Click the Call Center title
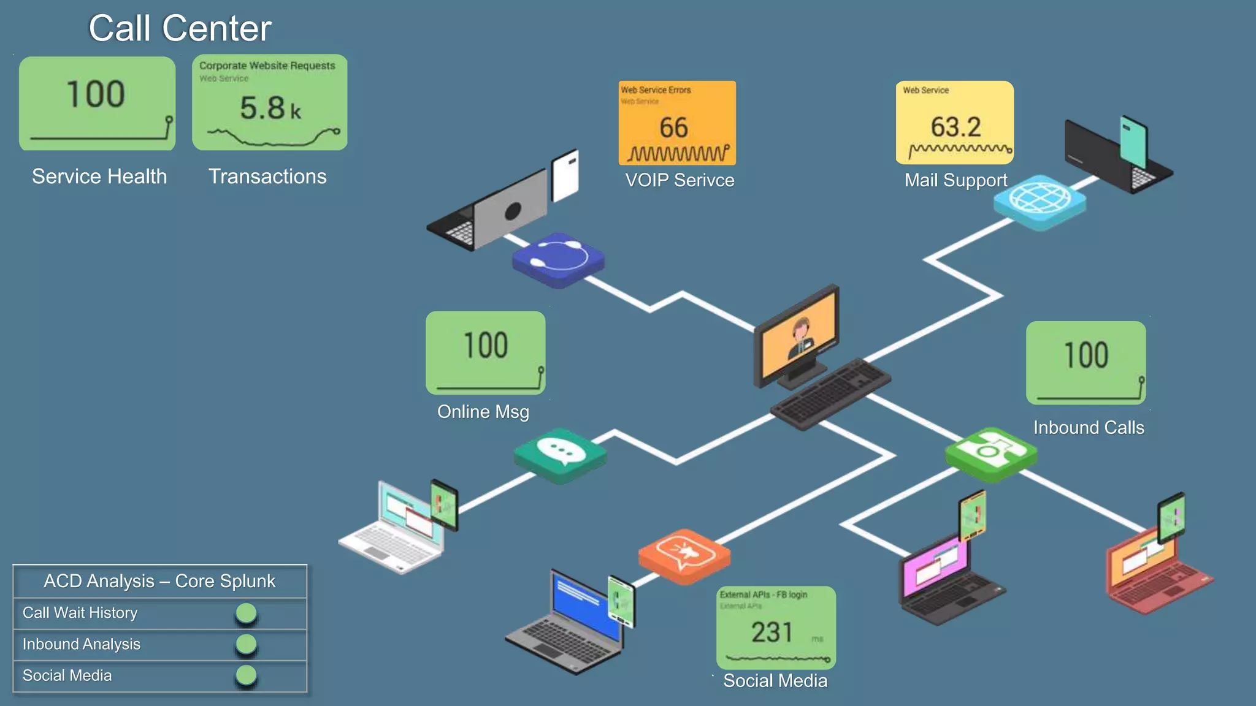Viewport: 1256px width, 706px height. pos(180,28)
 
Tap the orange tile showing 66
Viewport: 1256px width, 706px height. pos(676,123)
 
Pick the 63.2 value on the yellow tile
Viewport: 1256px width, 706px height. pos(955,127)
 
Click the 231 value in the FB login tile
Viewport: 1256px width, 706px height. pos(772,632)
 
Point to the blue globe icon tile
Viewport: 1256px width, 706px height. pos(1040,200)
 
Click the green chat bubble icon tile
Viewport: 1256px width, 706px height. pos(560,454)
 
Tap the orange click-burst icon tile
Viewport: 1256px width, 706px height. pos(684,555)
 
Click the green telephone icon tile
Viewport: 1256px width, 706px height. pos(990,453)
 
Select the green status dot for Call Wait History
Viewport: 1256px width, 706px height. pos(246,613)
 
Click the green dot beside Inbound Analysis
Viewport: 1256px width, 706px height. pos(246,644)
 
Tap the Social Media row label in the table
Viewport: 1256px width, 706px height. pos(67,675)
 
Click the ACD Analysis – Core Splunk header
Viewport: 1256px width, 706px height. pos(159,580)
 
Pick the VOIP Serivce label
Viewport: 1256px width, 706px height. pos(680,180)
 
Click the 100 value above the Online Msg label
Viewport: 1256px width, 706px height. pos(485,345)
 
